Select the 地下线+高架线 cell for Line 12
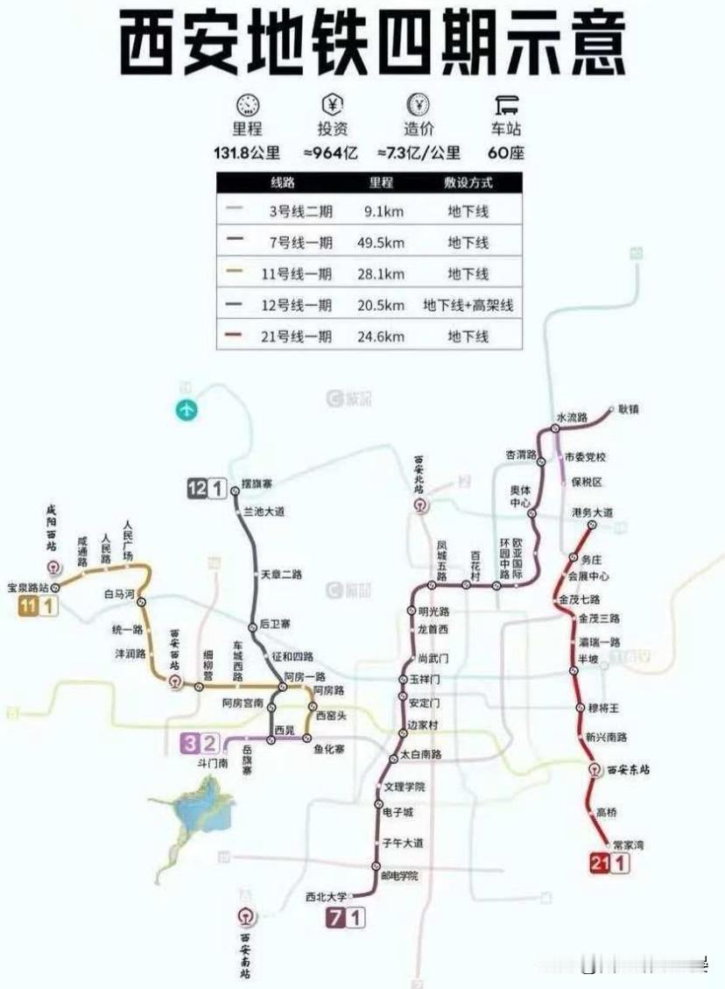468,305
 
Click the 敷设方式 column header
468,183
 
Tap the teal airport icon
187,409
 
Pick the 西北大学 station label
326,896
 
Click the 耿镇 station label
628,408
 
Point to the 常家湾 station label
629,844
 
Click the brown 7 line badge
335,918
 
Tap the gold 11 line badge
29,607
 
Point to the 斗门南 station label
212,763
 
